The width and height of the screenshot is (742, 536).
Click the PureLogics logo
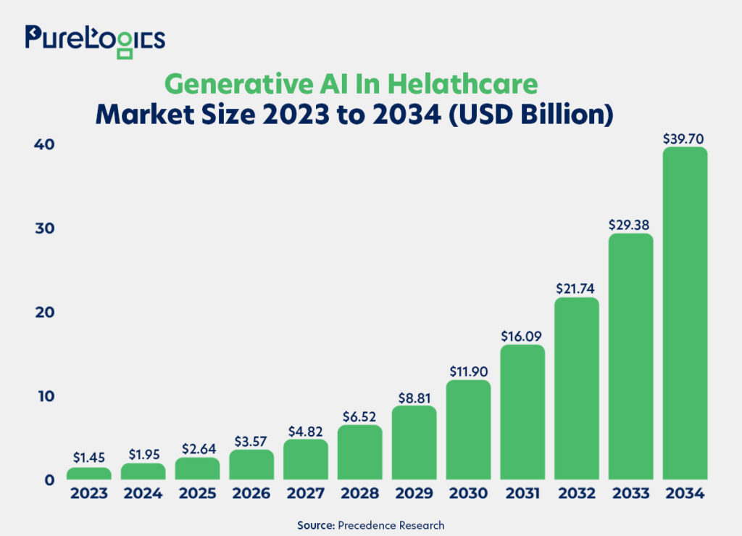(x=95, y=38)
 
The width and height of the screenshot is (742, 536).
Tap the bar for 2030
(x=468, y=429)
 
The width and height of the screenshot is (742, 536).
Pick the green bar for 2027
(x=306, y=459)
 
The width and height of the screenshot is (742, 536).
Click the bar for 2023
(x=89, y=473)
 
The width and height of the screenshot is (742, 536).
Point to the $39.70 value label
(x=685, y=138)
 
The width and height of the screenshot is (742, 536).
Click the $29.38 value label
(x=630, y=224)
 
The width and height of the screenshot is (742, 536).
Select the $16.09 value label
(x=522, y=336)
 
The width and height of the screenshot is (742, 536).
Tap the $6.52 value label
(x=360, y=416)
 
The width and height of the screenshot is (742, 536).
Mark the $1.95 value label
(x=143, y=455)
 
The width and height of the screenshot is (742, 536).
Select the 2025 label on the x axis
(x=197, y=494)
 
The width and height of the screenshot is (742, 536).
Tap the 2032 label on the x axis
(x=577, y=494)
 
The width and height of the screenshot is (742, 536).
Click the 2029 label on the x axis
(x=414, y=494)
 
